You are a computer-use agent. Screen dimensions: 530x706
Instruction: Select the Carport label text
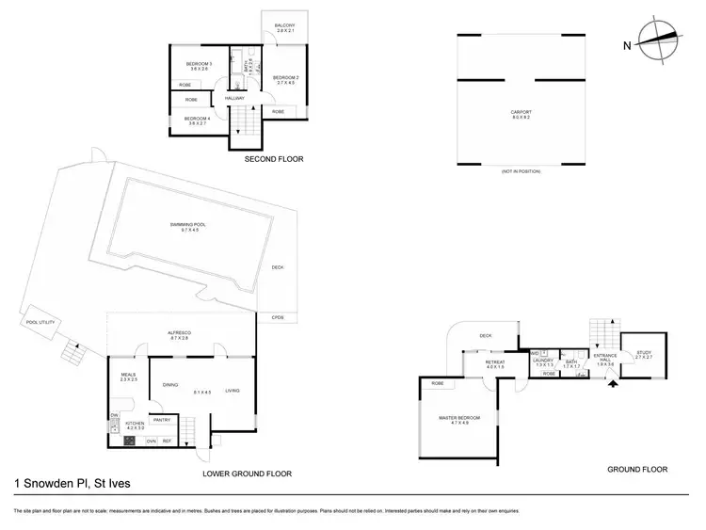click(x=521, y=115)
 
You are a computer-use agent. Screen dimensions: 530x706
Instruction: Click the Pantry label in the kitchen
click(x=161, y=420)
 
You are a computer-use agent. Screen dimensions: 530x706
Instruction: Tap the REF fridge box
click(x=167, y=441)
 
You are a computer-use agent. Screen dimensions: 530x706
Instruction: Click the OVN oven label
click(x=150, y=441)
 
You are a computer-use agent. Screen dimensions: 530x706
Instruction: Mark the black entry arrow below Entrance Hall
click(x=614, y=382)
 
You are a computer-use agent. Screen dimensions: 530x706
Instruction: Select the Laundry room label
click(x=542, y=361)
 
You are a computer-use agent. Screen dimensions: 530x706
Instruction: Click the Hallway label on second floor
click(x=234, y=98)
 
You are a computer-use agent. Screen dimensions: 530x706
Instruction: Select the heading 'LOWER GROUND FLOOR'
click(x=248, y=474)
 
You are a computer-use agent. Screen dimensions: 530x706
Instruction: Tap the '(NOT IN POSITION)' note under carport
click(x=521, y=170)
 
